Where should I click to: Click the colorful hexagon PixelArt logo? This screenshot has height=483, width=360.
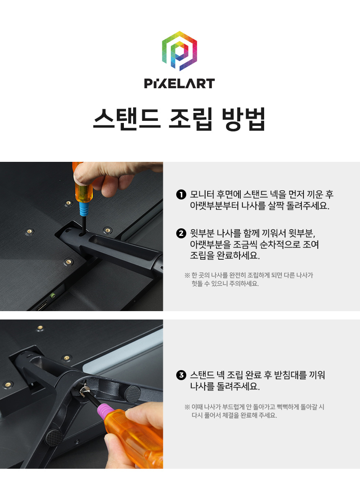[180, 51]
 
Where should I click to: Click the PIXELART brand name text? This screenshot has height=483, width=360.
[180, 84]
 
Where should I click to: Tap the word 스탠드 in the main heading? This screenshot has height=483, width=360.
[127, 119]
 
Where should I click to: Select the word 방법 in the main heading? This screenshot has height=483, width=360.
[244, 119]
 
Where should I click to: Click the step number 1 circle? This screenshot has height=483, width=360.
[181, 195]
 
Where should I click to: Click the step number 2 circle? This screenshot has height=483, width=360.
[181, 233]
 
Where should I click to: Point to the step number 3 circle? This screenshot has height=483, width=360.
[181, 375]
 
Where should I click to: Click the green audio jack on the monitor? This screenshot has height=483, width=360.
[53, 295]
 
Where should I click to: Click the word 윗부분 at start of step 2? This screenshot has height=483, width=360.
[202, 233]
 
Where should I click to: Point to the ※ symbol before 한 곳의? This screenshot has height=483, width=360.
[187, 275]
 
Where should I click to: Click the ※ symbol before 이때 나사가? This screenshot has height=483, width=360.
[187, 407]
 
